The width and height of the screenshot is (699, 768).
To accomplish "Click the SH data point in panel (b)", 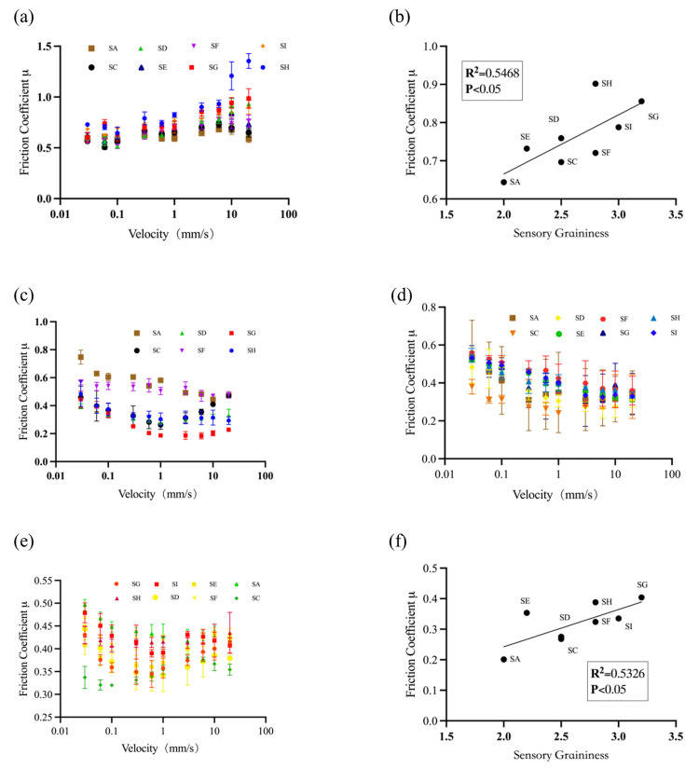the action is coord(596,84).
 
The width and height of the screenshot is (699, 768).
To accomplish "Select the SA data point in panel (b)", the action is coord(503,182).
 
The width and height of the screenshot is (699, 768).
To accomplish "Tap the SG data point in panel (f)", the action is coord(641,597).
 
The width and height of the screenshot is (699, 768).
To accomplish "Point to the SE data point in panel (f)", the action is coord(527,612).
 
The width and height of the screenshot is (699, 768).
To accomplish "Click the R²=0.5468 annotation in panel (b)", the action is coord(492,73).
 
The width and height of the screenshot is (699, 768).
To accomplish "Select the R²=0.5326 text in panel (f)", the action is coord(617,674).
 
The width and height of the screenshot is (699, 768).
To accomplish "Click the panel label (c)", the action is coord(23,295).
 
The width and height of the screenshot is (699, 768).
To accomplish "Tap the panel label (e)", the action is coord(23,542).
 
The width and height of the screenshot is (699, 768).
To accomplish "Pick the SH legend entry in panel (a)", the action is coord(275,67).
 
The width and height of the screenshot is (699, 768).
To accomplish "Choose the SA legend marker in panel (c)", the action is coord(137,333).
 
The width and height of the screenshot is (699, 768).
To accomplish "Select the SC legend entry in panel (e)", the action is coord(248,598).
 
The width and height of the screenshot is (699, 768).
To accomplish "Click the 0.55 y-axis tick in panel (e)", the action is coord(43,581).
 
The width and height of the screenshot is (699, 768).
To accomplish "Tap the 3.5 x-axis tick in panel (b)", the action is coord(676,214).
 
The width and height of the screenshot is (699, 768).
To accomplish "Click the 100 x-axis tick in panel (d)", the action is coord(672,474).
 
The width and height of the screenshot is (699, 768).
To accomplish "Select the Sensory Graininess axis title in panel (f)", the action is coord(561,755).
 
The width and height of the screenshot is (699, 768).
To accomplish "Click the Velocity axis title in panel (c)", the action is coord(158,494).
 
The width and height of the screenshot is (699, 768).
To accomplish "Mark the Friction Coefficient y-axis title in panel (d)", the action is coord(410,382).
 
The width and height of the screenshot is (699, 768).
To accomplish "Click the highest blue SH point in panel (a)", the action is coord(248,62).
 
